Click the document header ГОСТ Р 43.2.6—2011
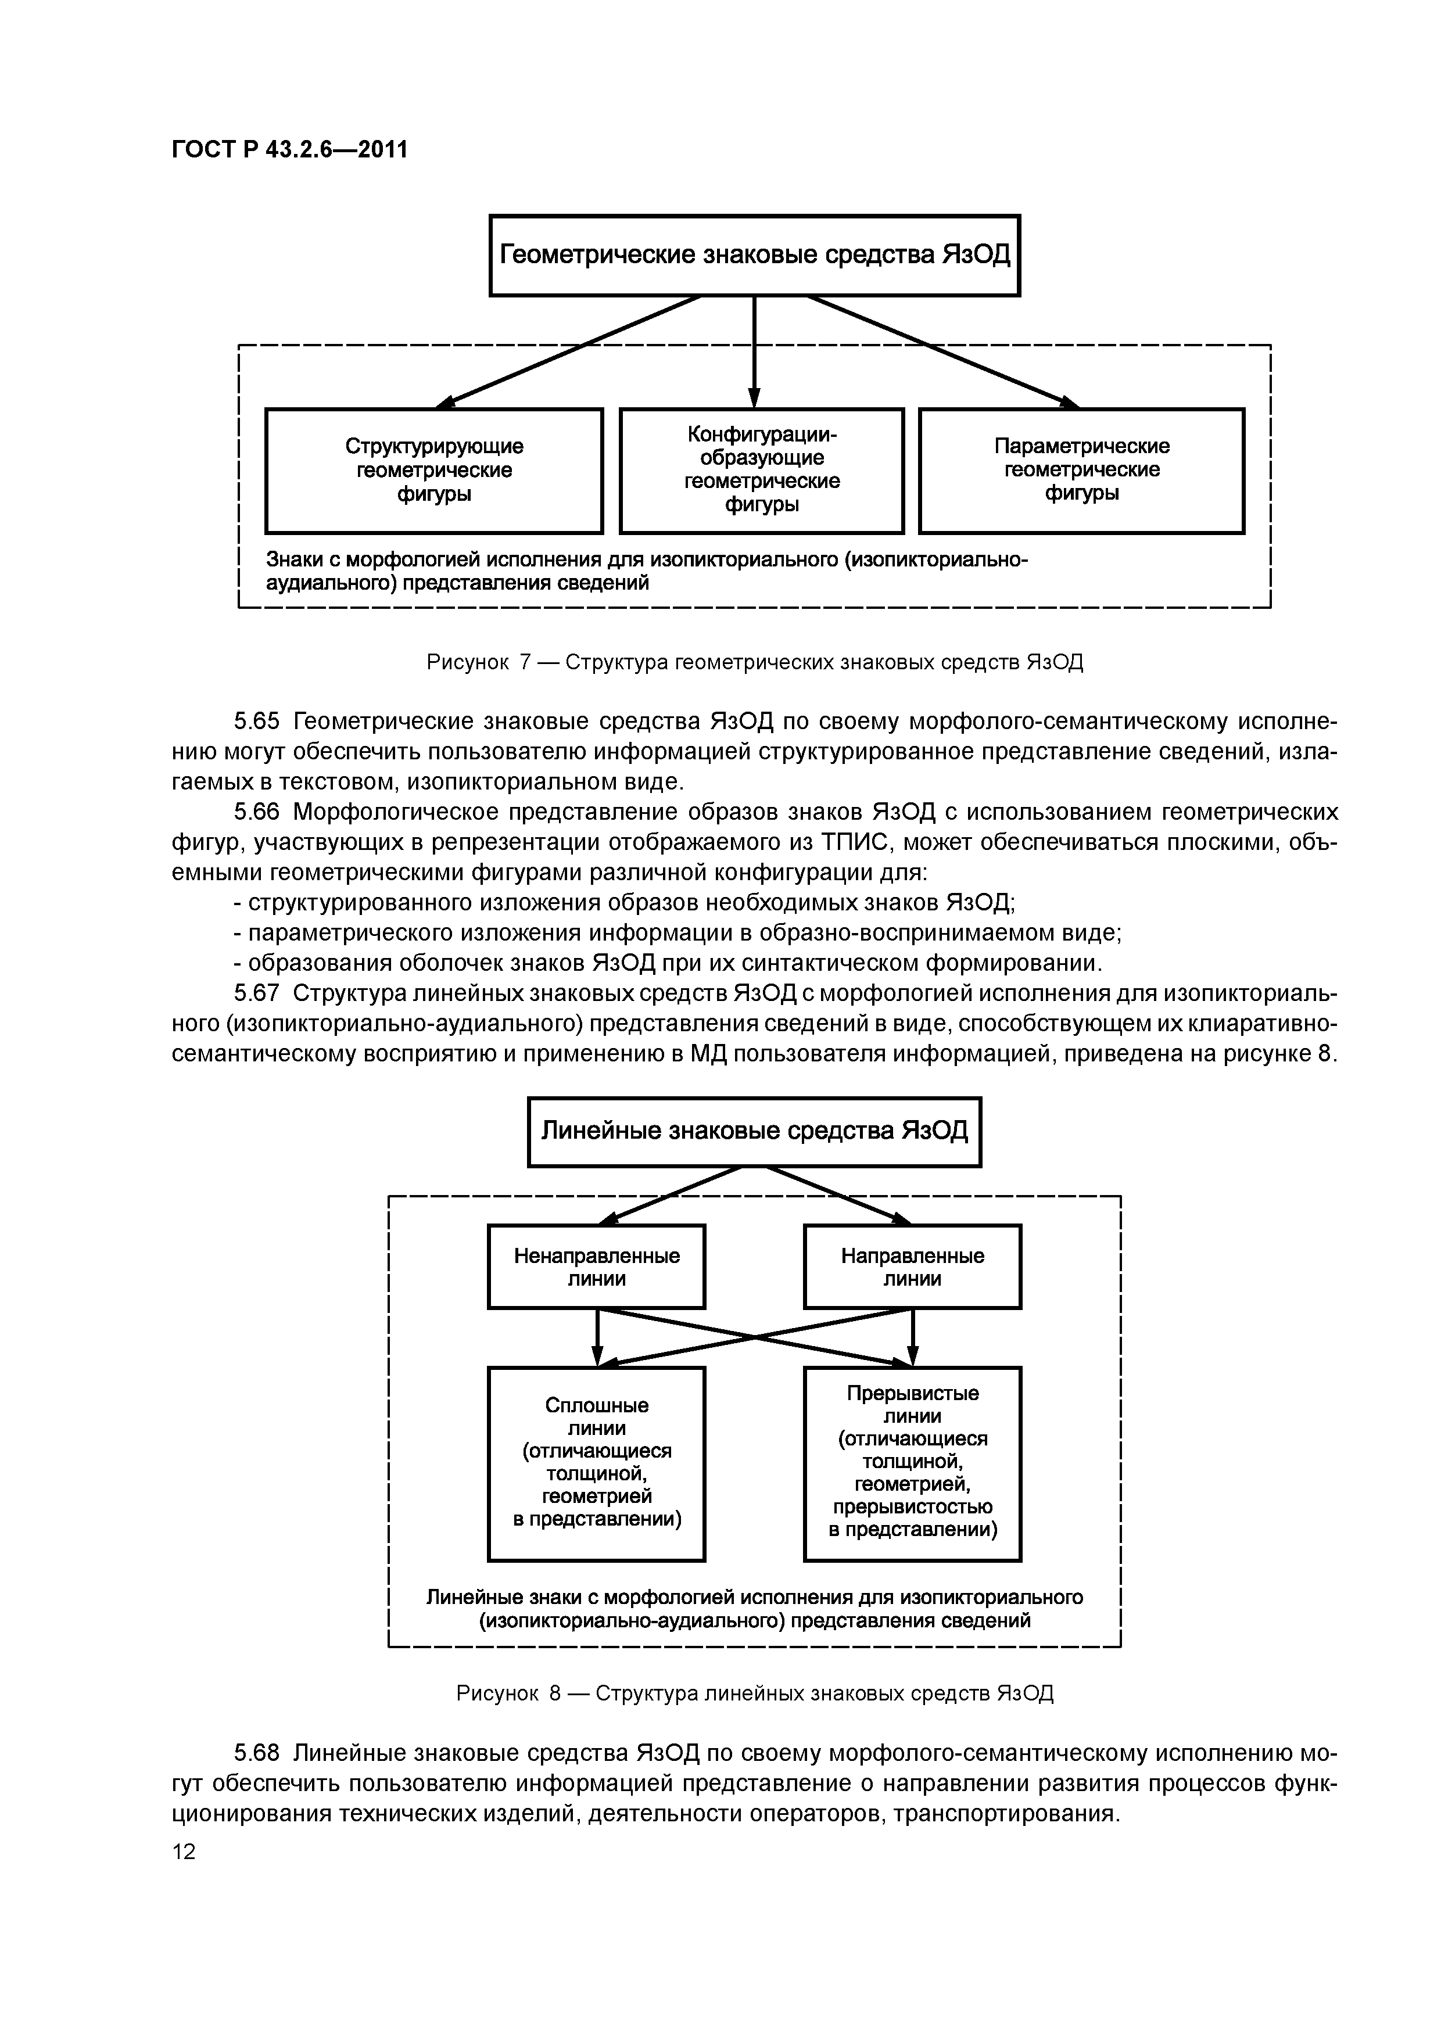pyautogui.click(x=289, y=149)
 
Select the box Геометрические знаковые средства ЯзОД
pyautogui.click(x=755, y=256)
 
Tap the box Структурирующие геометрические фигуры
pyautogui.click(x=434, y=471)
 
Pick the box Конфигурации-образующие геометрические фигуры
pyautogui.click(x=761, y=471)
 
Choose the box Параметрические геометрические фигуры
pyautogui.click(x=1081, y=471)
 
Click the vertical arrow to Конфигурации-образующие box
pyautogui.click(x=755, y=351)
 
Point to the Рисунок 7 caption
pyautogui.click(x=755, y=662)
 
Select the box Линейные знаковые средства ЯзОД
pyautogui.click(x=755, y=1132)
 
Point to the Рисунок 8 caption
pyautogui.click(x=755, y=1693)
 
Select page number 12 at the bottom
pyautogui.click(x=184, y=1852)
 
